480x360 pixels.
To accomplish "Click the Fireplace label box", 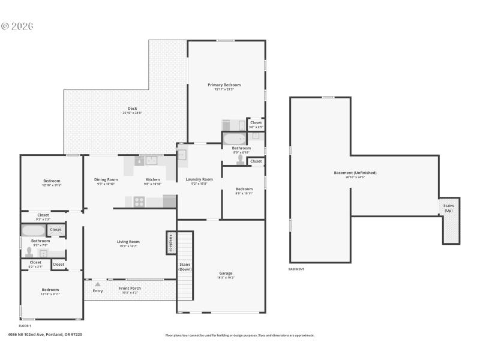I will point(171,243).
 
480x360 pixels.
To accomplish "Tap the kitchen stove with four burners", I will point(139,202).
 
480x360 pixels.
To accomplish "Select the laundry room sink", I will point(182,154).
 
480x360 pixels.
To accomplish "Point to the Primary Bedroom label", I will point(224,85).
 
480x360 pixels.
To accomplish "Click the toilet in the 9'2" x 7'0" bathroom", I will point(28,253).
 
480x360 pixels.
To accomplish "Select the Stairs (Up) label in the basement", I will point(448,208).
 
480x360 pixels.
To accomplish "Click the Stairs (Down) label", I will point(185,266).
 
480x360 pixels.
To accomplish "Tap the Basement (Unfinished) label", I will point(355,173).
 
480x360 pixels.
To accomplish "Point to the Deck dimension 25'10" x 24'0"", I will point(132,113).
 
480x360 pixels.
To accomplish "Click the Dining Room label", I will point(107,179).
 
